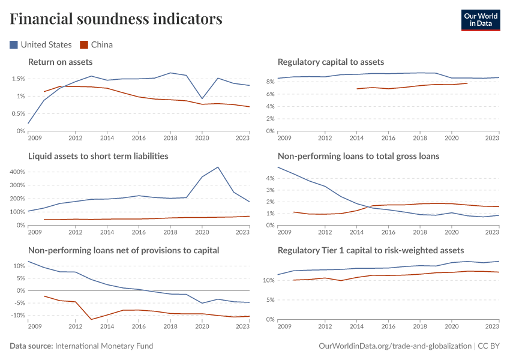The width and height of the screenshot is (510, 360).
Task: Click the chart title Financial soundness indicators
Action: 116,19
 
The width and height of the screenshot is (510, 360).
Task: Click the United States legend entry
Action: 41,44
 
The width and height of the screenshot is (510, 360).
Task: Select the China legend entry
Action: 97,44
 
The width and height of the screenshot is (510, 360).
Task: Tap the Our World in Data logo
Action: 480,19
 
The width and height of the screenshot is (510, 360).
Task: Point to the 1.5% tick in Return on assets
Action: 17,79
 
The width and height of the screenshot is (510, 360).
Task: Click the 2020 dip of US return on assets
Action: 202,98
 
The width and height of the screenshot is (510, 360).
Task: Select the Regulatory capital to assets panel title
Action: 331,62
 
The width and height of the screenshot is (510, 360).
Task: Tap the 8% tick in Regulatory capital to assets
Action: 269,81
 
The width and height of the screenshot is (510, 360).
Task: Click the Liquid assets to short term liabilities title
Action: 98,156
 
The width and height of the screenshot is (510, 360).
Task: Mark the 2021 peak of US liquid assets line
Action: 217,167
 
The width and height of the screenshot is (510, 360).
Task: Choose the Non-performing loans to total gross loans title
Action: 358,156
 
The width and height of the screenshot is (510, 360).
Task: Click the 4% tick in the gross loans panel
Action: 269,178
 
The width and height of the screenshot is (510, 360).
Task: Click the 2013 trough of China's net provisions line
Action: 91,319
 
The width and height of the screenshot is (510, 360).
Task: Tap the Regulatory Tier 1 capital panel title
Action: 371,250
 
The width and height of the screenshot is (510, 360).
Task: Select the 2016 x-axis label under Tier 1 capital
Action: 388,326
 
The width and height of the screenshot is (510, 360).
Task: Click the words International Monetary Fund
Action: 104,346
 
